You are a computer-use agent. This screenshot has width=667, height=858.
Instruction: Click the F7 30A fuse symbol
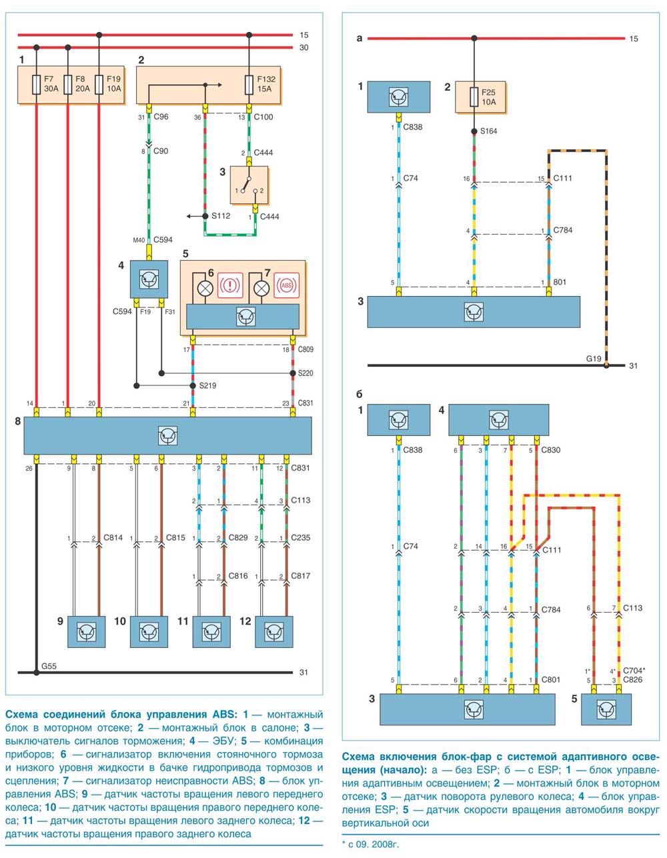(36, 85)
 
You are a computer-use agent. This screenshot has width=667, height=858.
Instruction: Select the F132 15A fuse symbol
(249, 85)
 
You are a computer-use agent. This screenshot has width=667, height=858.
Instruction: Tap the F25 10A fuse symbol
(474, 97)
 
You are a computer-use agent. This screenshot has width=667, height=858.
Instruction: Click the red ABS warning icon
(287, 285)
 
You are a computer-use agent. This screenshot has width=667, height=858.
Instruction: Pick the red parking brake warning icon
(230, 285)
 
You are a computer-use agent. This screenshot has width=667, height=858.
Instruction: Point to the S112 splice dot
(205, 216)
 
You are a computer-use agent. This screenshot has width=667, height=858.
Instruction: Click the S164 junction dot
(474, 131)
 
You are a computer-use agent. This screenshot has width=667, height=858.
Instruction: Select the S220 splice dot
(293, 373)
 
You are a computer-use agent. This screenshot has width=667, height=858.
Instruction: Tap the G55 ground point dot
(36, 673)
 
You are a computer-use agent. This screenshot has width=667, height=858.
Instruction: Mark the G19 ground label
(594, 359)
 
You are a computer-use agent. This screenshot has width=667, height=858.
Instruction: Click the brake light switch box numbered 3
(249, 185)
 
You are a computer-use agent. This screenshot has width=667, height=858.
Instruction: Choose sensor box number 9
(87, 632)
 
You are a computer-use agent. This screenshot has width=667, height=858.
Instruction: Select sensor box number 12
(274, 632)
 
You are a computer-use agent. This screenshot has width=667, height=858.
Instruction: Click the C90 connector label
(161, 151)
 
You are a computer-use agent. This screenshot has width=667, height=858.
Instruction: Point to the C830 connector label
(551, 450)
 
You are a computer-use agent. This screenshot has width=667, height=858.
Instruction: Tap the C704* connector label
(634, 671)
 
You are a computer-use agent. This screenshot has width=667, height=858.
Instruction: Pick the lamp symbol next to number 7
(261, 288)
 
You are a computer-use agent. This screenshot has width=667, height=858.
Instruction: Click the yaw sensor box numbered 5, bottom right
(606, 709)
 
